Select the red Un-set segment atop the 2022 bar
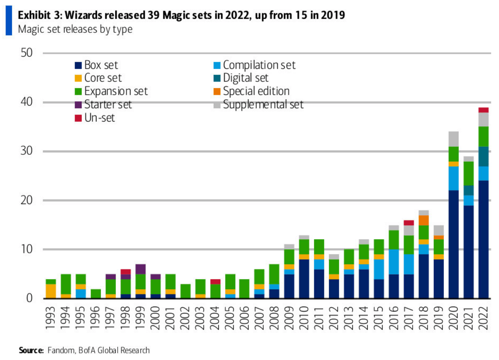tap(483, 110)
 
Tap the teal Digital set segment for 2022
tap(483, 156)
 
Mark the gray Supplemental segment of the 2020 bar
tap(453, 139)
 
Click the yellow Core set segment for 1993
tap(50, 291)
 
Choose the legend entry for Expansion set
tap(116, 91)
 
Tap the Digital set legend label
tap(246, 78)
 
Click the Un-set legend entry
tap(100, 118)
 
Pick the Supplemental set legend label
tap(263, 104)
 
